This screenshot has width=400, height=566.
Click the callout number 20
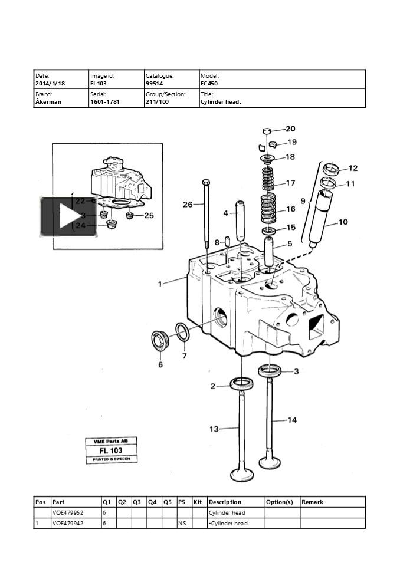coord(290,129)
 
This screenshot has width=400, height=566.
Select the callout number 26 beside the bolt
coord(188,205)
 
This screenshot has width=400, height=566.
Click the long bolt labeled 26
coord(206,212)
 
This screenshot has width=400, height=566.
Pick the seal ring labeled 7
coord(183,333)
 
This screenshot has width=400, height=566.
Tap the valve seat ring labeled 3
coord(270,371)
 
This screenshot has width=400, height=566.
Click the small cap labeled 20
coord(267,130)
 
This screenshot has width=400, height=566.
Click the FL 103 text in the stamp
coord(112,450)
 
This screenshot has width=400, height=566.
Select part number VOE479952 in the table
coord(68,513)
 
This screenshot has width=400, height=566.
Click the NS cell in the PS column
coord(182,524)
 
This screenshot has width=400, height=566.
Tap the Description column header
coord(225,502)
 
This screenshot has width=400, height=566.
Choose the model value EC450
coord(209,84)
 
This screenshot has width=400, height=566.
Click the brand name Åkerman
coord(48,102)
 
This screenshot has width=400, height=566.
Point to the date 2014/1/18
coord(50,84)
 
